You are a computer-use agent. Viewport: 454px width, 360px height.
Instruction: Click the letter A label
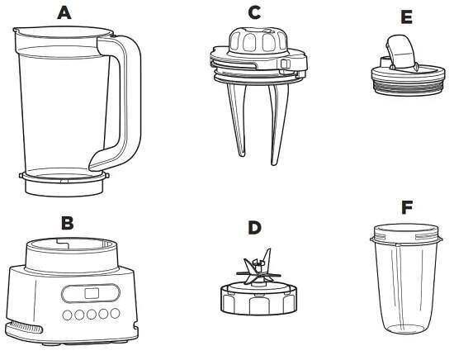pyautogui.click(x=64, y=12)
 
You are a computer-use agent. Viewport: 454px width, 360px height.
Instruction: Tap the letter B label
pyautogui.click(x=68, y=223)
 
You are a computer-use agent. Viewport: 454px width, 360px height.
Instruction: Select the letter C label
pyautogui.click(x=254, y=12)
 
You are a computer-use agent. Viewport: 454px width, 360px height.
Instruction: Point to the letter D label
pyautogui.click(x=254, y=227)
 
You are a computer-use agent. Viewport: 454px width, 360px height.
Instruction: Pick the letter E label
pyautogui.click(x=407, y=17)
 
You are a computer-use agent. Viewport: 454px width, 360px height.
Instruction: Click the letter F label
pyautogui.click(x=407, y=207)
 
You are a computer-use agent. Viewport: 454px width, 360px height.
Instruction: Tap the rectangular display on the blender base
pyautogui.click(x=92, y=293)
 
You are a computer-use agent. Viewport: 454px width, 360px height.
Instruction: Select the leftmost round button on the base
pyautogui.click(x=67, y=315)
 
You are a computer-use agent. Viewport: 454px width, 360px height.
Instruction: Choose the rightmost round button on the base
pyautogui.click(x=115, y=313)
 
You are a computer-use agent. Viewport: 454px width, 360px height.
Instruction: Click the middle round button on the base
pyautogui.click(x=91, y=315)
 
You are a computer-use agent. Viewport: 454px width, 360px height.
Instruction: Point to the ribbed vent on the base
pyautogui.click(x=24, y=327)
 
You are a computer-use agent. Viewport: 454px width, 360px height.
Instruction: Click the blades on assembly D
pyautogui.click(x=258, y=268)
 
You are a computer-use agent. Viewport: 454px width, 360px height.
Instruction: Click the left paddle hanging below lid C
pyautogui.click(x=237, y=120)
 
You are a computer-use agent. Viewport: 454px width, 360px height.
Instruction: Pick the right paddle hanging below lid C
pyautogui.click(x=278, y=124)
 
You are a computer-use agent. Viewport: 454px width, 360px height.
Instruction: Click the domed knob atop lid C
pyautogui.click(x=257, y=40)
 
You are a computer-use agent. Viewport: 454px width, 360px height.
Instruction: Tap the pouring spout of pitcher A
pyautogui.click(x=17, y=30)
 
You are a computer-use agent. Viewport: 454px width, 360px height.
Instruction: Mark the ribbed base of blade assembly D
pyautogui.click(x=258, y=300)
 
